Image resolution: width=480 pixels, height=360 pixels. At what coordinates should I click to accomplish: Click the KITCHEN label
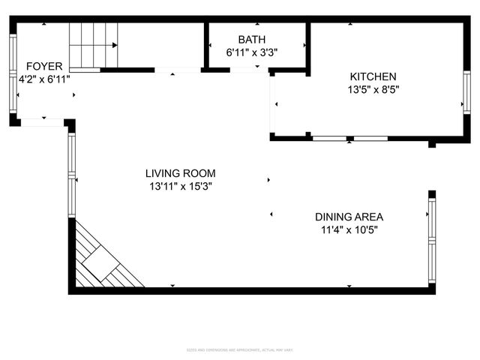[x=373, y=76]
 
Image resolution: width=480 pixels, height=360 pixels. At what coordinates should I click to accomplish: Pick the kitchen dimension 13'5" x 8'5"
[x=373, y=89]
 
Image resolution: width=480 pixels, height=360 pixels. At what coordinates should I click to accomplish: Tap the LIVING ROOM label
[x=180, y=173]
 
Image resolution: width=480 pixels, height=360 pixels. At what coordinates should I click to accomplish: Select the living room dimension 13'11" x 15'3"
[x=180, y=186]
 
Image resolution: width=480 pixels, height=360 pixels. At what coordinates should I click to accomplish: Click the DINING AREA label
[x=349, y=217]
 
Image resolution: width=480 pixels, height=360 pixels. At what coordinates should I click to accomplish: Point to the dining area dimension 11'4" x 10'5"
[x=349, y=229]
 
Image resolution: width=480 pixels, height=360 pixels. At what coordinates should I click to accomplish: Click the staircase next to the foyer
[x=94, y=46]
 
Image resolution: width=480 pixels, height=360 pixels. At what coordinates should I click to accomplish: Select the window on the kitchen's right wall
[x=466, y=92]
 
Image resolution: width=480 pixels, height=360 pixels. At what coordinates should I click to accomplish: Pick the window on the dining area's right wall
[x=431, y=240]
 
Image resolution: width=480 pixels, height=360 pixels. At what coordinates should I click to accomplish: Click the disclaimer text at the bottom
[x=240, y=349]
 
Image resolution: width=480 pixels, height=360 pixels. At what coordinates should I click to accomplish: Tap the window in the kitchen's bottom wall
[x=349, y=139]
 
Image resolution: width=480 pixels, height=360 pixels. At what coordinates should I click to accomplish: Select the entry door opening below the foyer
[x=42, y=122]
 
